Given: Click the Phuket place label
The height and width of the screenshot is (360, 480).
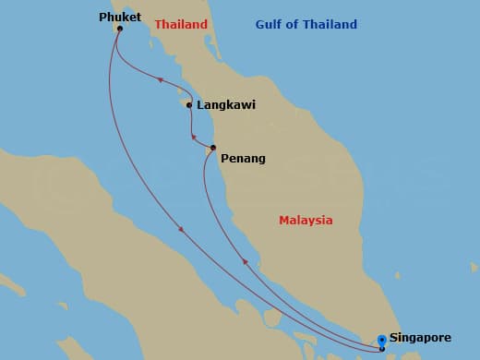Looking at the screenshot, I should click(120, 16).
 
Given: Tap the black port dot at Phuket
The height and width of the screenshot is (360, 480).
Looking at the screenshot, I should click(119, 29).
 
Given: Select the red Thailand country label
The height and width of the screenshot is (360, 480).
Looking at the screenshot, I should click(181, 25).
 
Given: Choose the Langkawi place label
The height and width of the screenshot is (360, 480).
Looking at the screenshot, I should click(226, 105).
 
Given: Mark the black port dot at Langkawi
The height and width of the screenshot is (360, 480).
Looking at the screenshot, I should click(189, 105).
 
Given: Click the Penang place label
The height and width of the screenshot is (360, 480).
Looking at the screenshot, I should click(243, 159).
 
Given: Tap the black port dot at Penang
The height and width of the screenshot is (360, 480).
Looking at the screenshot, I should click(213, 148).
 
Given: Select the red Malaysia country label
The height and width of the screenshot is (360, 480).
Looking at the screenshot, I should click(306, 221).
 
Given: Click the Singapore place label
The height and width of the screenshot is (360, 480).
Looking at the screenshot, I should click(426, 338).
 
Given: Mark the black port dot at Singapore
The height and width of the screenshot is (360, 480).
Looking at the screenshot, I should click(382, 348).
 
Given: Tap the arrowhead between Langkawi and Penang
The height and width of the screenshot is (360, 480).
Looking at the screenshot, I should click(194, 138).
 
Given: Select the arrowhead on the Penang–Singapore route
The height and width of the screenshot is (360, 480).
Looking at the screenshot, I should click(245, 262).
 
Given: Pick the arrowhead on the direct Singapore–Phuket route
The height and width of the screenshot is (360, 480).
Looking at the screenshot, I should click(181, 229).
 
